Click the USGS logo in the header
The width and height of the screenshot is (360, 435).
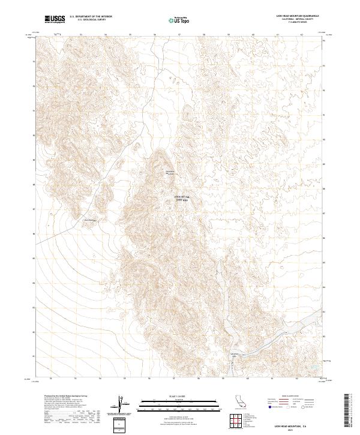pos(54,20)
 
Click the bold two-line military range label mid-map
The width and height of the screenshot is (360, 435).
pos(181,199)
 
